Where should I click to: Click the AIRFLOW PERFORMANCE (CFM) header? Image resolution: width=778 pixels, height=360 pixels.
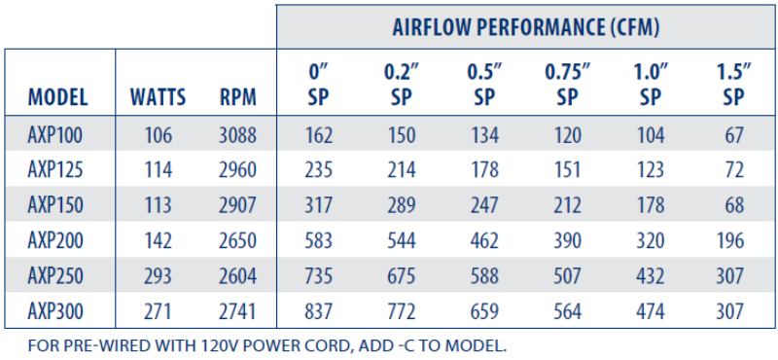click(526, 26)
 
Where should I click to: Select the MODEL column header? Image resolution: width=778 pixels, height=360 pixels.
click(57, 97)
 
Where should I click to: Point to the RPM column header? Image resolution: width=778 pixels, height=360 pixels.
click(238, 97)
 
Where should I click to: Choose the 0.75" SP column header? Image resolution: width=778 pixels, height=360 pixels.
click(568, 85)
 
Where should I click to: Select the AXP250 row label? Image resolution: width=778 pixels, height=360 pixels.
click(56, 276)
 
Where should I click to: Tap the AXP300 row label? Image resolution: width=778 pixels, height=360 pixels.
click(56, 311)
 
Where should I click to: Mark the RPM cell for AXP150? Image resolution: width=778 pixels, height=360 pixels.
click(238, 205)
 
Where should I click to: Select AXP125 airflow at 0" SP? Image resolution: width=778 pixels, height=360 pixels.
click(318, 170)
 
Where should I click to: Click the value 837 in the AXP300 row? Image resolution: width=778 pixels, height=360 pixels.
click(318, 311)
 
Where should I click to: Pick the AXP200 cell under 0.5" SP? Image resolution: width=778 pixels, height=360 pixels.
click(483, 241)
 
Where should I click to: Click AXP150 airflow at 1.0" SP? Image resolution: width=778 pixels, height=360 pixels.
click(651, 205)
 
